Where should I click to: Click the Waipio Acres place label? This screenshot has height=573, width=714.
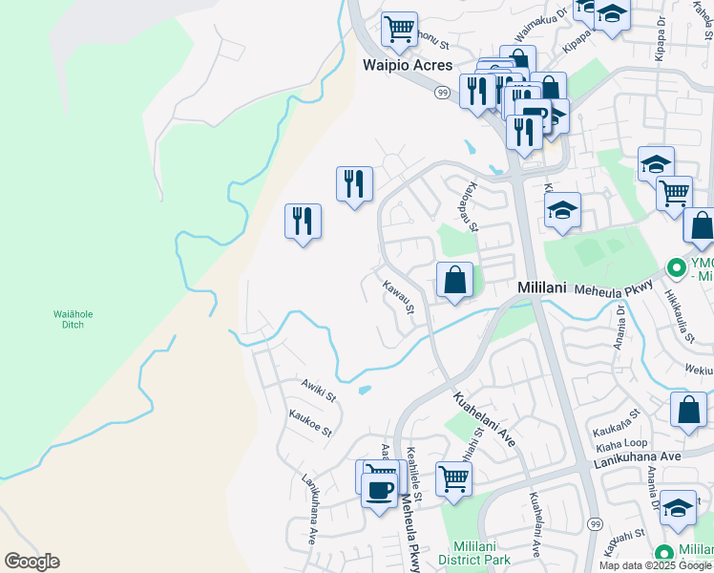(x=400, y=66)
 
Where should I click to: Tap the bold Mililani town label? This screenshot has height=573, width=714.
(x=543, y=286)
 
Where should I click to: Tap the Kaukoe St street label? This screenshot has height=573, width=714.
(x=310, y=422)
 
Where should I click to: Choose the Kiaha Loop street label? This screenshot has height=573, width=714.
(x=620, y=443)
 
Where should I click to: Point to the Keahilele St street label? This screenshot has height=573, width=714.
(x=415, y=470)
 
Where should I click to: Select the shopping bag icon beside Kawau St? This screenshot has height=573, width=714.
(x=455, y=281)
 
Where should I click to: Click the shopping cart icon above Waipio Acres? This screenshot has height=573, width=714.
(x=399, y=29)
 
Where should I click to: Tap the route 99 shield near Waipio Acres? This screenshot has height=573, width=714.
(x=441, y=92)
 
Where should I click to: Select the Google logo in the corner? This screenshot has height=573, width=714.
(x=31, y=562)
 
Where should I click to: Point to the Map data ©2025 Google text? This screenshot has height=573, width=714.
(x=655, y=565)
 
